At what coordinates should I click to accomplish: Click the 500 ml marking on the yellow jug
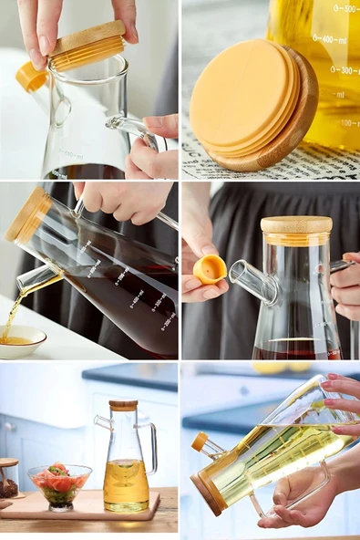click(x=345, y=8)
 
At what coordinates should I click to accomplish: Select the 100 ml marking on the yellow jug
click(x=349, y=121)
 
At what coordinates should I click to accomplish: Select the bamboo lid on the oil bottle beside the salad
click(x=123, y=406)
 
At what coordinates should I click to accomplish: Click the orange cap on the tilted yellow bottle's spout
click(x=199, y=441)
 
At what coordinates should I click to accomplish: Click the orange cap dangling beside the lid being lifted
click(x=30, y=77)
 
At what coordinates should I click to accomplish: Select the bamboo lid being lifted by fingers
click(x=87, y=46)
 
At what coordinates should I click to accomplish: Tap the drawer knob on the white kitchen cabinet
click(x=8, y=426)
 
